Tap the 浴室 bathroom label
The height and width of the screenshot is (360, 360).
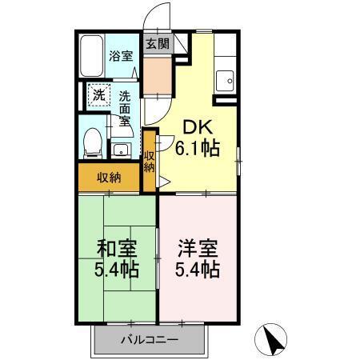coord(121,56)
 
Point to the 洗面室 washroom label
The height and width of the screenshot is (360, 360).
coord(126,110)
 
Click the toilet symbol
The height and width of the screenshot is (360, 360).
coord(93,142)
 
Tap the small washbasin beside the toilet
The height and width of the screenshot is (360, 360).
coord(120,149)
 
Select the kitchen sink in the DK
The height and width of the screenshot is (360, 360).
coord(225,81)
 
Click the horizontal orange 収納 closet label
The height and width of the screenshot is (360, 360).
coord(110,178)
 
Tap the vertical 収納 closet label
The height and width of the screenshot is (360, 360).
coord(150,161)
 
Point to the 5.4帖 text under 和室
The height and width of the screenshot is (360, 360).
coord(116,270)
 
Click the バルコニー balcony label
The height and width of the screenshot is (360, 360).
coord(150,340)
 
